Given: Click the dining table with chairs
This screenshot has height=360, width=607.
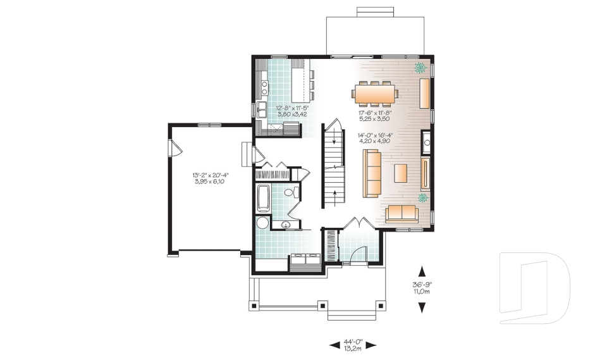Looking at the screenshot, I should (x=376, y=94).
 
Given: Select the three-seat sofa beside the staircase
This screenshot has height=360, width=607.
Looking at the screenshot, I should (x=372, y=173).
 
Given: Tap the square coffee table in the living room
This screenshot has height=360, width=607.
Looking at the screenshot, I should (x=400, y=173).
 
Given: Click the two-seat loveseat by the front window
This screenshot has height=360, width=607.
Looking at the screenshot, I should (x=401, y=213).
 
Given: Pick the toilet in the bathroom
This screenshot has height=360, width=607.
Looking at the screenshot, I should (x=290, y=192).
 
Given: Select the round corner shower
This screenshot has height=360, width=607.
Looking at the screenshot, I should (x=262, y=223).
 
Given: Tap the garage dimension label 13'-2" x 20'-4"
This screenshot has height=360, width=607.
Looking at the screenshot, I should (x=211, y=178).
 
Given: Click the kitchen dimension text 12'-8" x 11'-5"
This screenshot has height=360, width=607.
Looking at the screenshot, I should (x=292, y=111).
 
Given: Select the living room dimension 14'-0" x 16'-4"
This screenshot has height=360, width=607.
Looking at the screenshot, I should (x=376, y=137).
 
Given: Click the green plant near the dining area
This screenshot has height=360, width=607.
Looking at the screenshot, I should (x=419, y=67).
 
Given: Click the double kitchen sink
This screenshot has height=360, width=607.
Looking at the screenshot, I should (x=261, y=110).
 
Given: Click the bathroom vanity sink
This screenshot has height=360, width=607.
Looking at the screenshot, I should (x=286, y=225).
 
